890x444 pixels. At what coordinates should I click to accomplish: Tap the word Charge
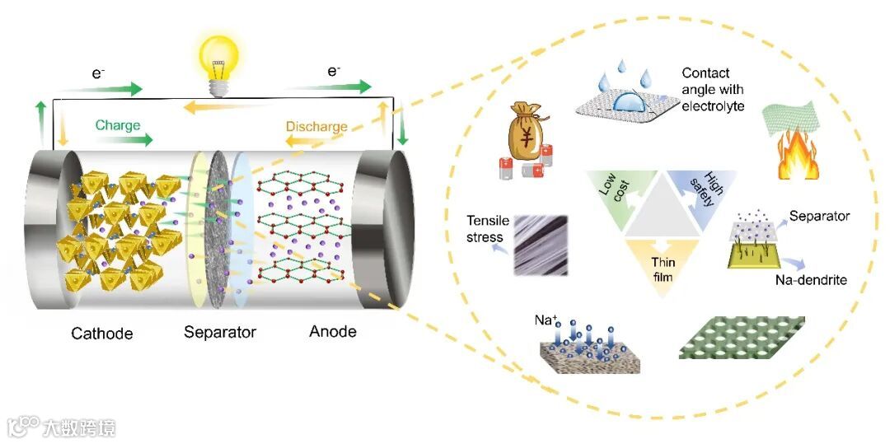click(x=118, y=125)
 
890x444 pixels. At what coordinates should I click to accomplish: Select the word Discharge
click(x=316, y=127)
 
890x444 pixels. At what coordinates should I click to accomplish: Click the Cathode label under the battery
click(x=102, y=334)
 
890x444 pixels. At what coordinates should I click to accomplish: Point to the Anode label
click(x=333, y=331)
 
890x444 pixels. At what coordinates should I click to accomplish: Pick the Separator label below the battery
click(x=220, y=333)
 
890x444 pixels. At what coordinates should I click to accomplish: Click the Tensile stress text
click(x=485, y=229)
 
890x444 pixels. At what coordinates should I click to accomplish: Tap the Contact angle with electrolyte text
click(x=713, y=90)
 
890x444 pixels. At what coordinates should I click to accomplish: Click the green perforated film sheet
click(x=742, y=337)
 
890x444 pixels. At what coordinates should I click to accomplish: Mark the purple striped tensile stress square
click(x=540, y=244)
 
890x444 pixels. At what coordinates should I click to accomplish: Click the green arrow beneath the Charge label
click(x=125, y=140)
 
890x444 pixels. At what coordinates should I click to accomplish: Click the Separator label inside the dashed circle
click(x=819, y=217)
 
